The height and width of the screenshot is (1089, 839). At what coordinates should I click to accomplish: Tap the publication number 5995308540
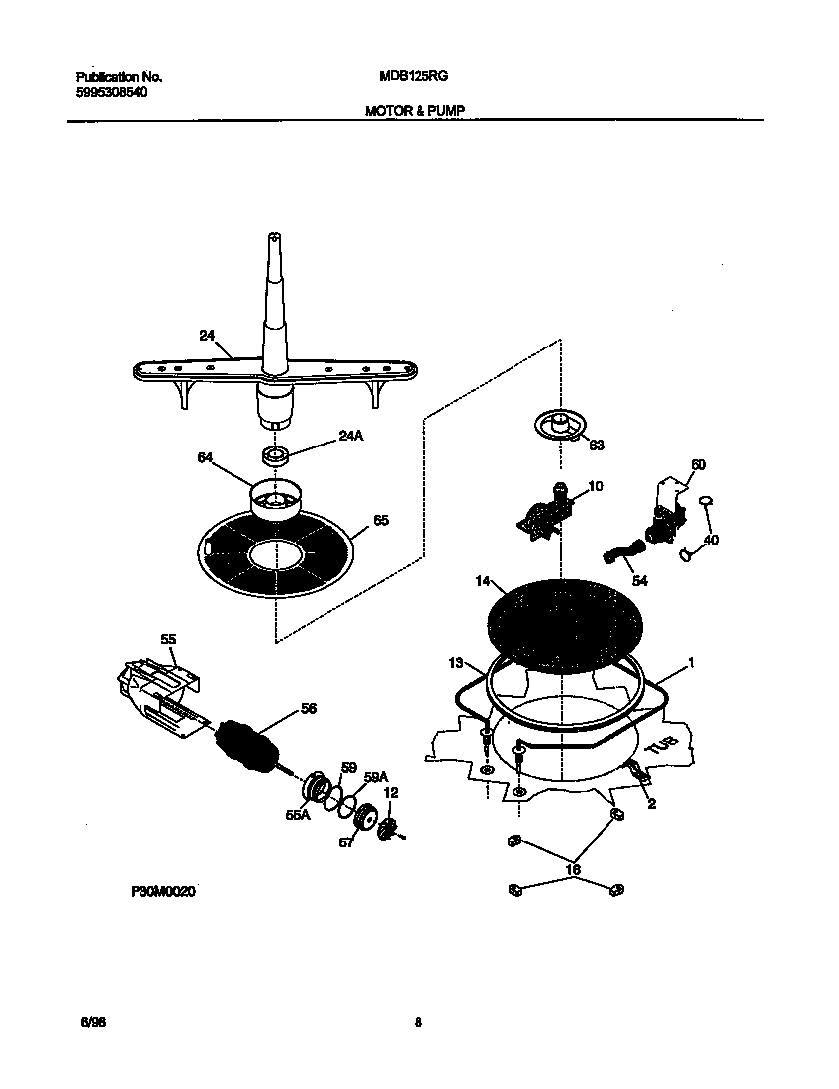(113, 92)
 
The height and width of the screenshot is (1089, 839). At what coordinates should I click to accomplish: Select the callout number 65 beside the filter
(381, 521)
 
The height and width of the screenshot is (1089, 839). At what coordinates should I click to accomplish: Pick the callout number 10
(595, 486)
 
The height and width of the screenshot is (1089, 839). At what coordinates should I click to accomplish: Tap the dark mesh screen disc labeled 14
(560, 622)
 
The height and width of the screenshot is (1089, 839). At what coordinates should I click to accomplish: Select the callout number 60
(698, 464)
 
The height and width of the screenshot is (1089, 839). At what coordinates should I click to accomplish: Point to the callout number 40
(710, 541)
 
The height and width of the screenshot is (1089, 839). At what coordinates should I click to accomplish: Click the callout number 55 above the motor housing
(168, 640)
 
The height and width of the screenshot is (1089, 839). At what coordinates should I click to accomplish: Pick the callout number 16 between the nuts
(572, 870)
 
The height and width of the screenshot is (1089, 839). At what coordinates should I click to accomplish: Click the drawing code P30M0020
(163, 892)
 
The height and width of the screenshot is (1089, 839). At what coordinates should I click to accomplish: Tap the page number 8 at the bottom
(419, 1023)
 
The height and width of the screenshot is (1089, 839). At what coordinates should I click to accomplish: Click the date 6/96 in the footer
(92, 1023)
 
